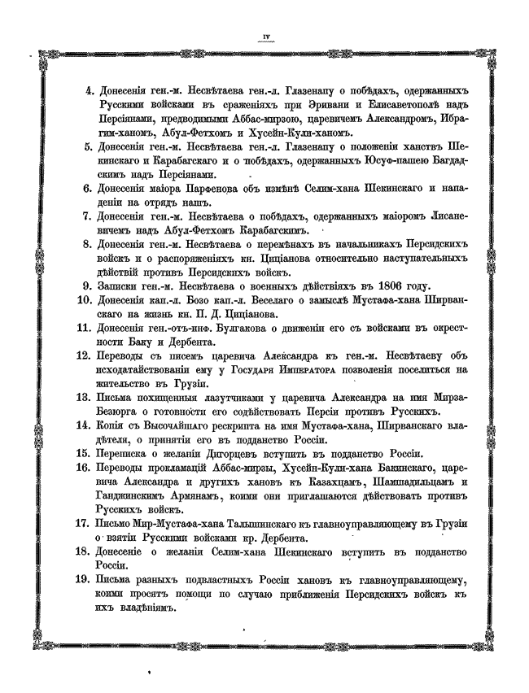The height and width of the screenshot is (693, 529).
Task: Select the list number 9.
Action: click(x=90, y=286)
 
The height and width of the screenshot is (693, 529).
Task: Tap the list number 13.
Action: click(x=87, y=397)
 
